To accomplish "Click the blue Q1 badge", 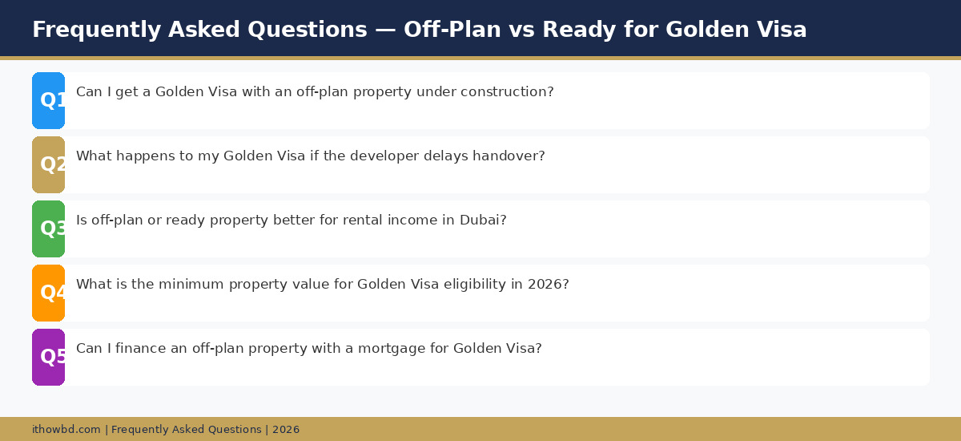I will tap(49, 100).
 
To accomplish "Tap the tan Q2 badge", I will tap(49, 164).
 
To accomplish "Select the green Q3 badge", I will tap(49, 229).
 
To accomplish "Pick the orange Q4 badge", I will tap(49, 293).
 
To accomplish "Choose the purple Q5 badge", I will tap(49, 357).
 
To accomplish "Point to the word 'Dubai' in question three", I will tap(479, 220).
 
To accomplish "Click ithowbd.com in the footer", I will tap(66, 430).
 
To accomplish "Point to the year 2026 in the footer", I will tap(286, 430).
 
